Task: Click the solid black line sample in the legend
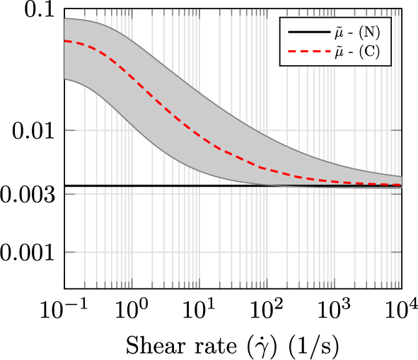point(304,33)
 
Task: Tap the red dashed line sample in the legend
point(304,52)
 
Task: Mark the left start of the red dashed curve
point(65,41)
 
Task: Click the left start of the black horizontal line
point(65,186)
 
